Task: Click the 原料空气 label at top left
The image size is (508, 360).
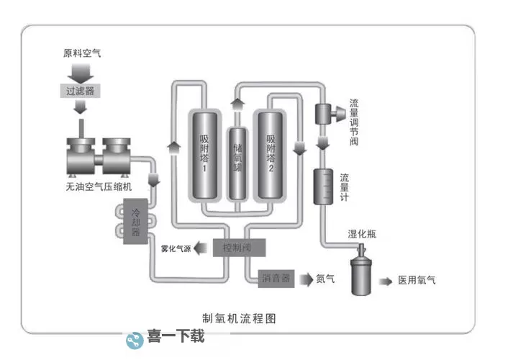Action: pos(83,54)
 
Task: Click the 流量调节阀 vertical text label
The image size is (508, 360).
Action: pos(353,122)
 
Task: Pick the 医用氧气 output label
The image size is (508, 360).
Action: pos(417,281)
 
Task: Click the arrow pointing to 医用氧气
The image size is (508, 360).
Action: pos(387,280)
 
